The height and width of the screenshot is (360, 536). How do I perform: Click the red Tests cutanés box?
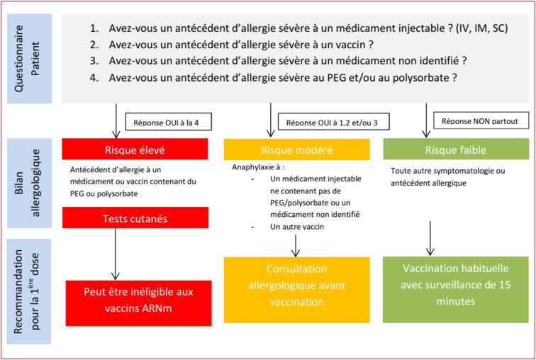(135, 218)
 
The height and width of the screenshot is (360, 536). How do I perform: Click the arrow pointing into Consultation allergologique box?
(297, 244)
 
